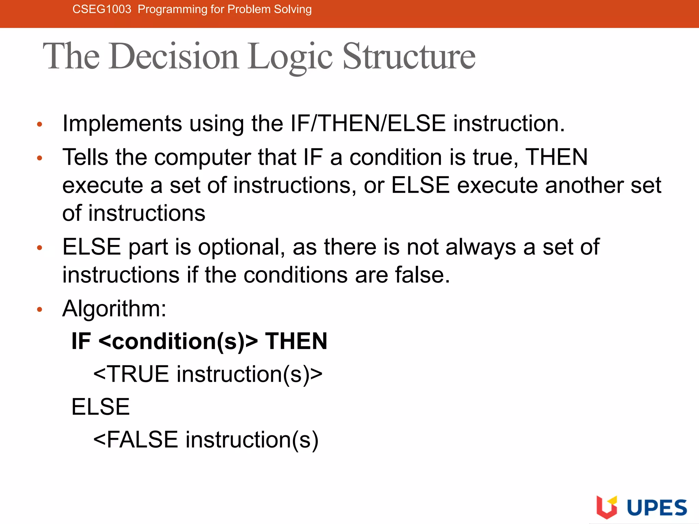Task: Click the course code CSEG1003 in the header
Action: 102,9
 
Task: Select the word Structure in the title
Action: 409,57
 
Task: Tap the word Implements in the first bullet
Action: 122,123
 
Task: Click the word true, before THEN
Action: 496,158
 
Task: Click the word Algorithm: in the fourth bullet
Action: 114,309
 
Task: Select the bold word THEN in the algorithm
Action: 296,341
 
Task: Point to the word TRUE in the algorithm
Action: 138,374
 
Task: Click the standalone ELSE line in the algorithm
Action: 100,407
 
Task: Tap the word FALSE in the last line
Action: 142,440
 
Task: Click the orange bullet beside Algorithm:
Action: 40,310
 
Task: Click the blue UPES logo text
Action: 657,508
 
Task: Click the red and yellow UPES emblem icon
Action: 607,507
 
